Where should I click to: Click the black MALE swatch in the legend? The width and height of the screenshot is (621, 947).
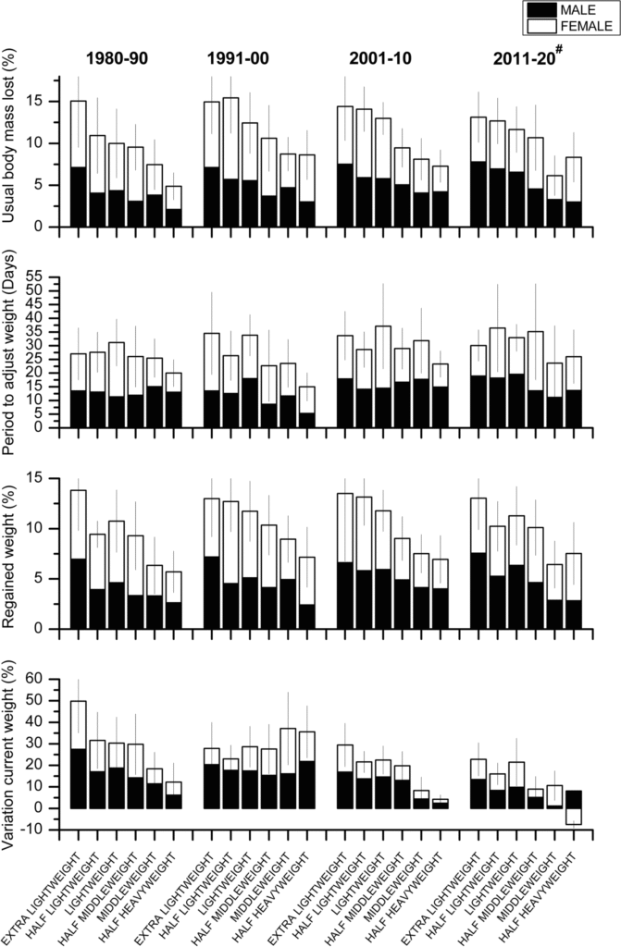click(x=540, y=10)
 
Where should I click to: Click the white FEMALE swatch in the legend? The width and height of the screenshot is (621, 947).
click(x=540, y=27)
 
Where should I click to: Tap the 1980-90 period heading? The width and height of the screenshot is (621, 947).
click(x=117, y=57)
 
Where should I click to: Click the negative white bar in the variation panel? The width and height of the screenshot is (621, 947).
click(x=575, y=816)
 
